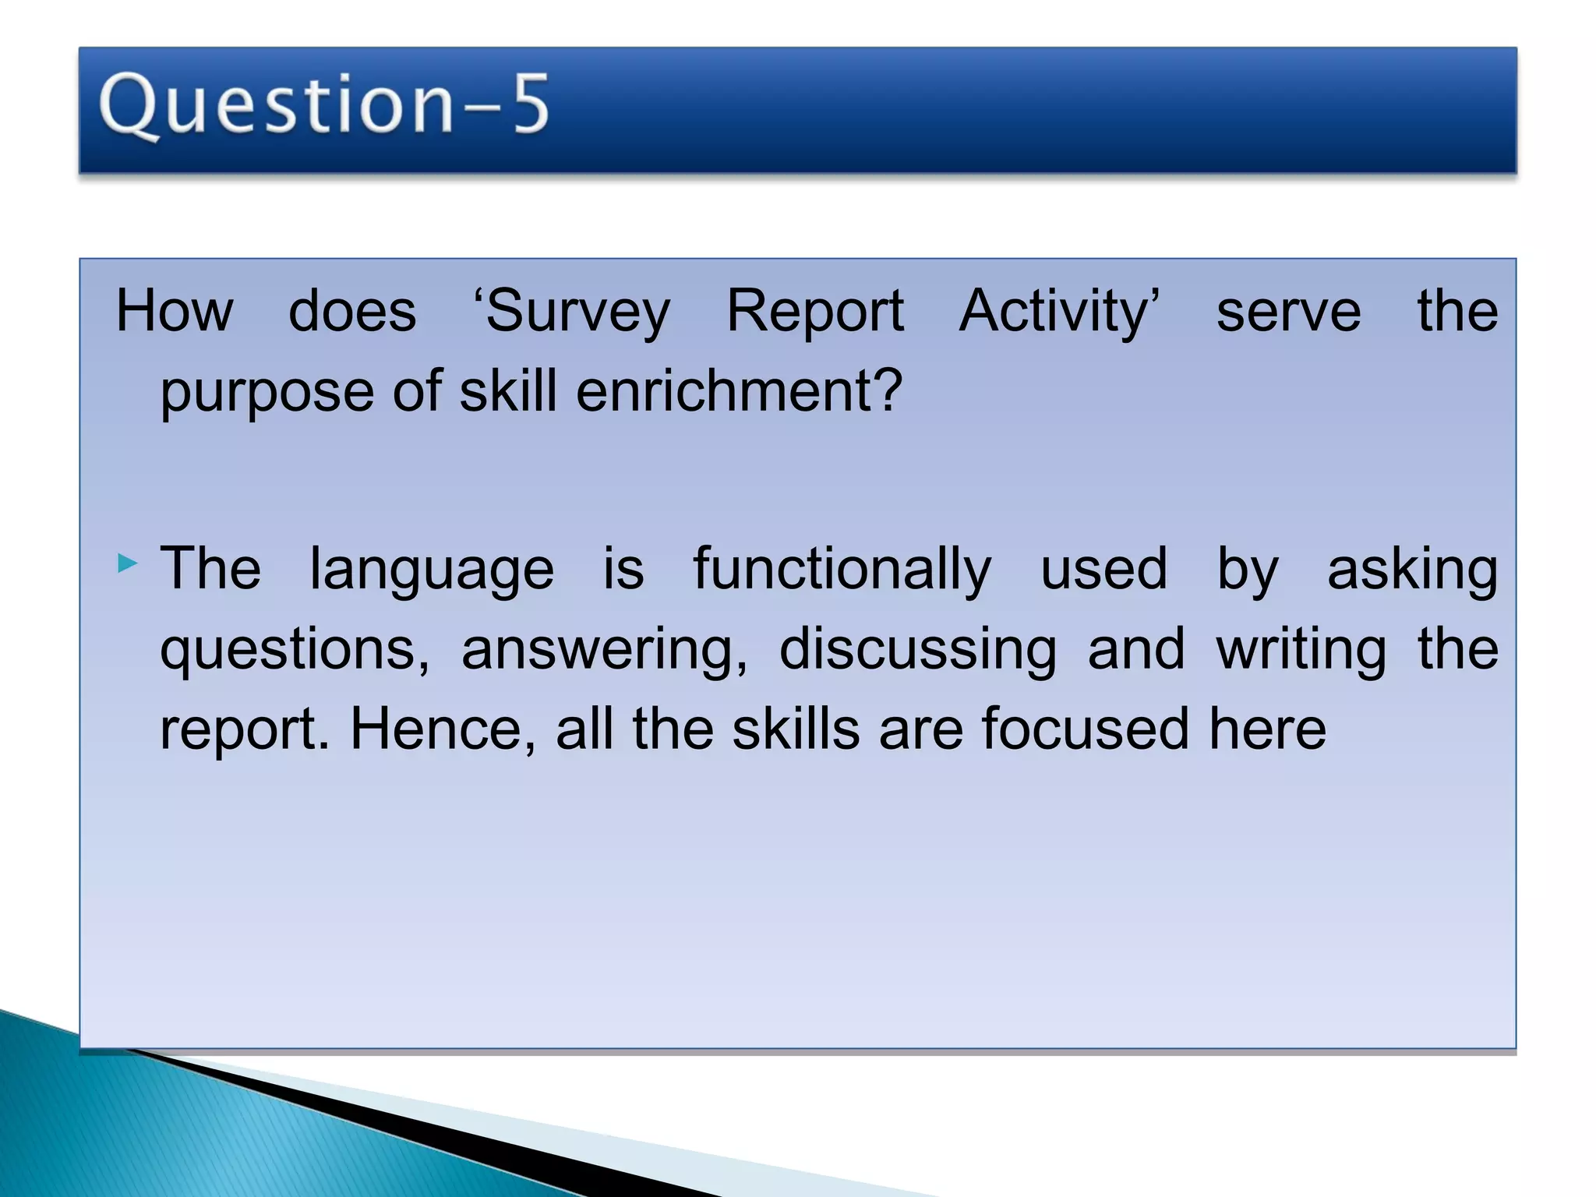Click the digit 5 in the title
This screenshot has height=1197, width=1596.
click(531, 104)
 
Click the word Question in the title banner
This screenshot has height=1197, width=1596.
click(276, 106)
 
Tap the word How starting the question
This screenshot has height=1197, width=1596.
click(174, 311)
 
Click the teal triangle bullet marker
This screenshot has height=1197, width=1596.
click(127, 563)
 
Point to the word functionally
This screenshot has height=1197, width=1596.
click(842, 570)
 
